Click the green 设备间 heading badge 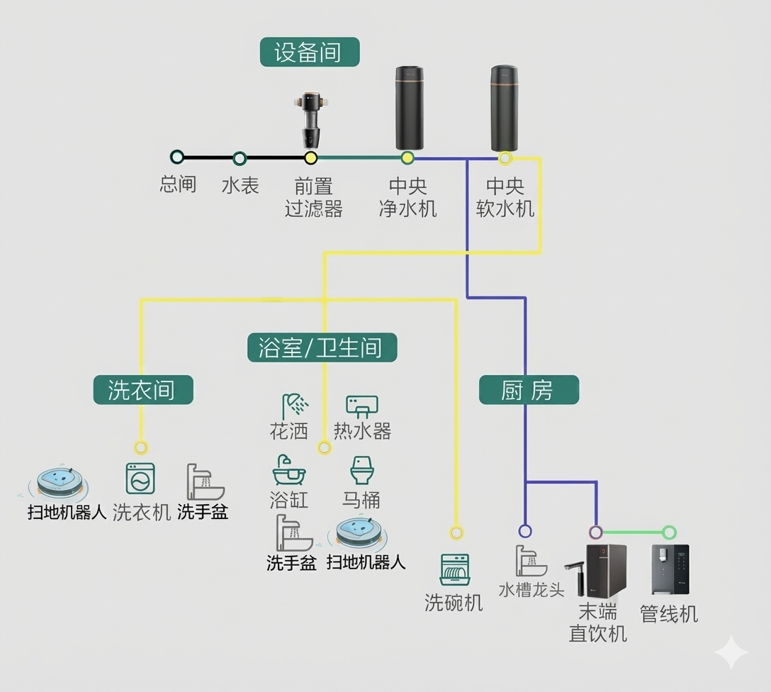[310, 52]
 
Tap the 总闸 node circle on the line [177, 157]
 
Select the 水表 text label [240, 186]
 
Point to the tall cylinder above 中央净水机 [409, 108]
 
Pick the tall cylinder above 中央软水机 [505, 108]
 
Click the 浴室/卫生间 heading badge [322, 347]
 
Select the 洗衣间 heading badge [143, 390]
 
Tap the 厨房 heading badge [529, 390]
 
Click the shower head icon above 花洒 [295, 407]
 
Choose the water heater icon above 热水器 [361, 406]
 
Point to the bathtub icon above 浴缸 [288, 471]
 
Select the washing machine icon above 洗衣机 [140, 479]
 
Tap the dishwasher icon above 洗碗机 [454, 570]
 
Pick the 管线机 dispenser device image [670, 569]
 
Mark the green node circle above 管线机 [669, 532]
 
